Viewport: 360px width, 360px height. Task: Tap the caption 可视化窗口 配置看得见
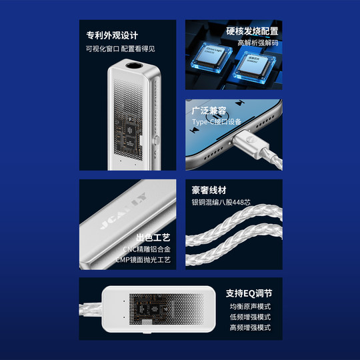click(x=120, y=49)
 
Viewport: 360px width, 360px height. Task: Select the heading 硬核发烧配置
click(x=253, y=31)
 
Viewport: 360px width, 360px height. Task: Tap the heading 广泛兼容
click(x=209, y=110)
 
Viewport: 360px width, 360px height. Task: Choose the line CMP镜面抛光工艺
click(x=143, y=260)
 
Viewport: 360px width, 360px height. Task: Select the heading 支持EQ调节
click(x=249, y=293)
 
